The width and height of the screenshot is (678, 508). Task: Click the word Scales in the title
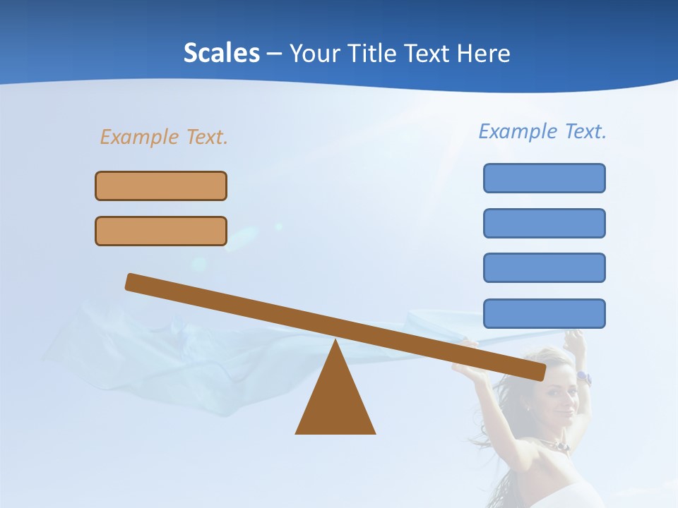221,54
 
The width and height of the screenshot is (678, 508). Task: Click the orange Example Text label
164,137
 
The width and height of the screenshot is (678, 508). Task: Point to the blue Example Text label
542,131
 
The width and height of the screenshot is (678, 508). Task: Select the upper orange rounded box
161,186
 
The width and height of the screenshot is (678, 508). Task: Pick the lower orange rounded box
161,231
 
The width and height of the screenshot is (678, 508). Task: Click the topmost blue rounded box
544,178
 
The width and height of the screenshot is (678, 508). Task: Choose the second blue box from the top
544,223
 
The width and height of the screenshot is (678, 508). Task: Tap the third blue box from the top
544,267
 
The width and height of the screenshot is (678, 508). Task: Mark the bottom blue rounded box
544,313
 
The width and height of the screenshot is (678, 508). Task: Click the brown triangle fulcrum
335,402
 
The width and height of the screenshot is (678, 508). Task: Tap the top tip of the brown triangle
335,341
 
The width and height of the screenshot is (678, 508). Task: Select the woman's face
561,392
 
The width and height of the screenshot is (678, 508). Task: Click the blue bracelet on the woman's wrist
583,378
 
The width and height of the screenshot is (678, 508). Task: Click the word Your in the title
316,54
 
